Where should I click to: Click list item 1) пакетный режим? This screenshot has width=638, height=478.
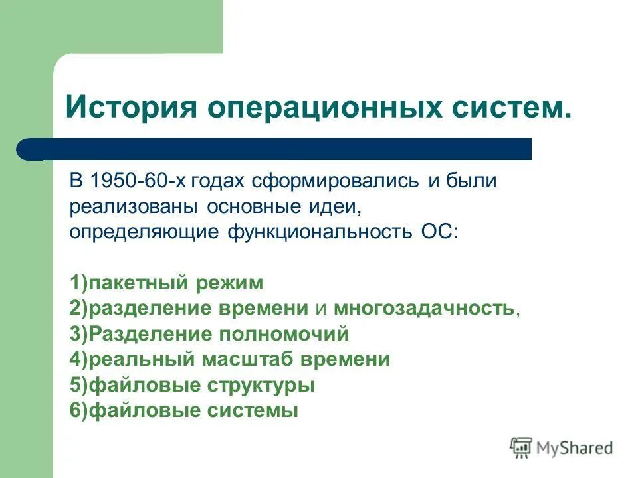[166, 283]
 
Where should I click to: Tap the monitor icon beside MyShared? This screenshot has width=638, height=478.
[522, 448]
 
